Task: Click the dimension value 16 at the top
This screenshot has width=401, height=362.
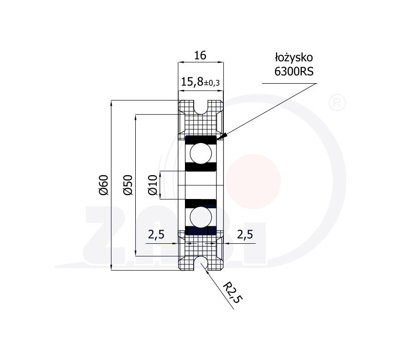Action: pos(200,55)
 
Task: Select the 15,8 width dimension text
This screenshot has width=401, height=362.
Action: pos(192,82)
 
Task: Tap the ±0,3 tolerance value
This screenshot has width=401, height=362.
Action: pos(212,83)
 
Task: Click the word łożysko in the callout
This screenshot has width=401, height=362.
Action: pos(293,57)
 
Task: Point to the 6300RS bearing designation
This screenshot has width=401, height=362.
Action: pos(294,72)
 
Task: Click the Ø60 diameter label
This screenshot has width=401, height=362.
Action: pos(104,185)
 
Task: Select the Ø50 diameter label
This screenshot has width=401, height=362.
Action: pos(128,185)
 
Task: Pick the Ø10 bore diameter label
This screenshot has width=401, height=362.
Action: pos(153,185)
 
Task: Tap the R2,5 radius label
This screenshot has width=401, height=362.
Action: pos(232,293)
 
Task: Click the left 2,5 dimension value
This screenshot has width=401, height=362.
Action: pos(156,235)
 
